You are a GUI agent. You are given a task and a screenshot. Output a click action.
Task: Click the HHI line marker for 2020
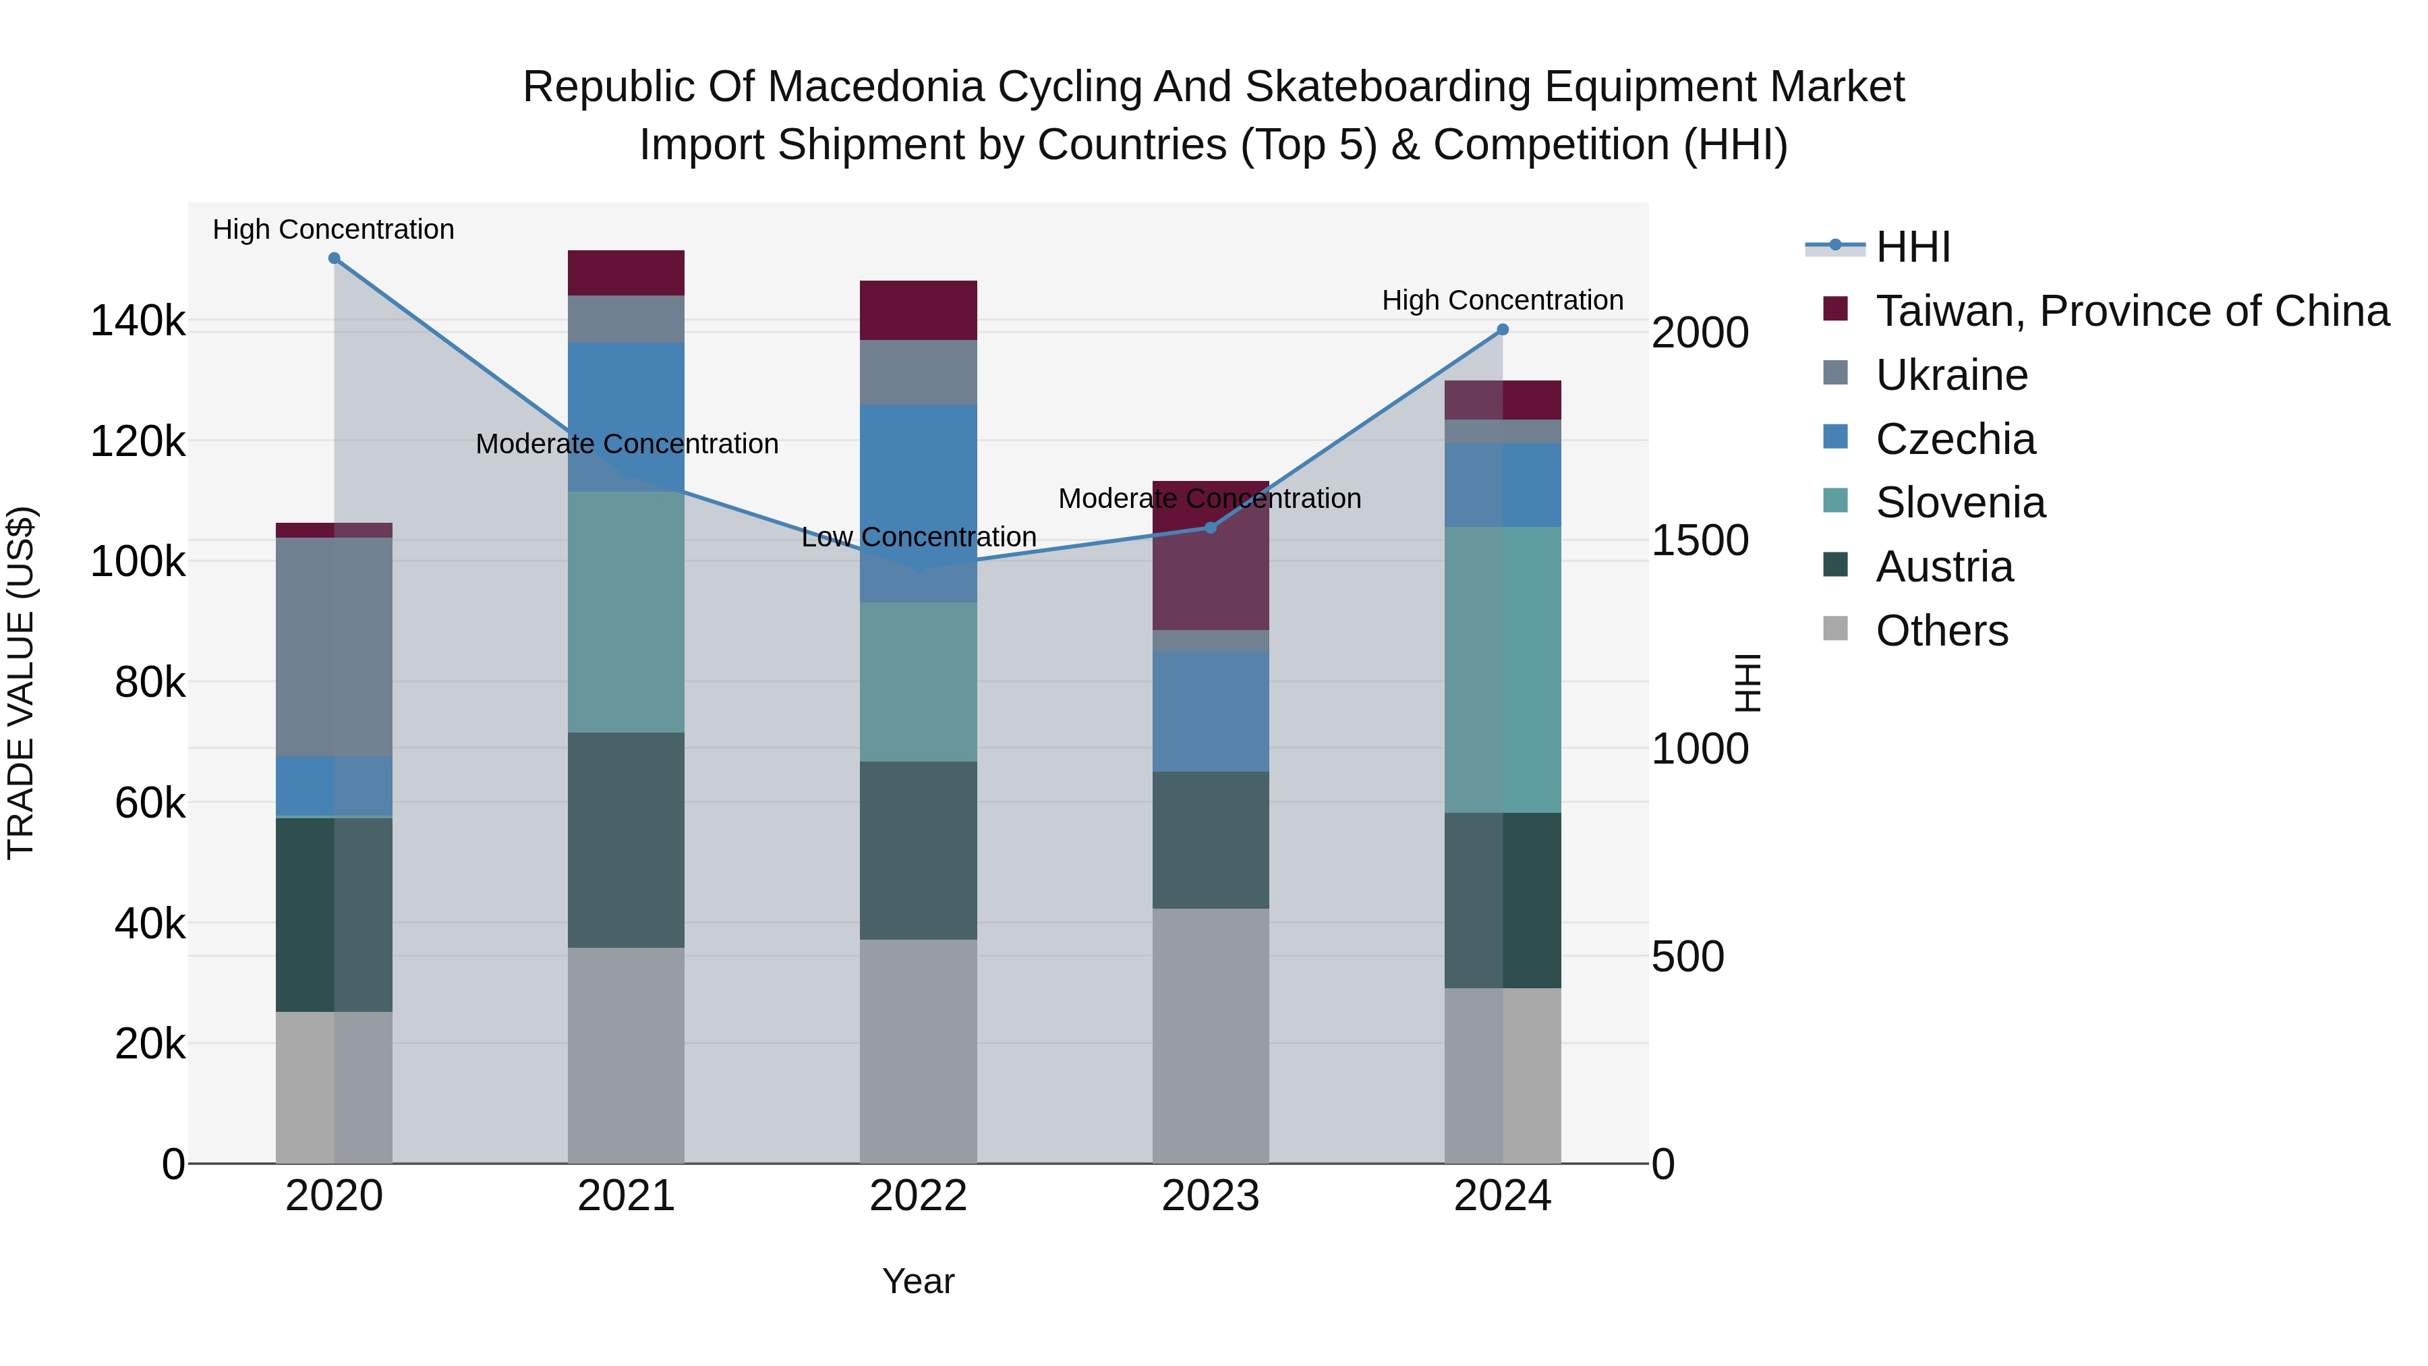click(x=334, y=258)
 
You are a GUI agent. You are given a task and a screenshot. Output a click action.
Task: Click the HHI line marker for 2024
click(x=1503, y=330)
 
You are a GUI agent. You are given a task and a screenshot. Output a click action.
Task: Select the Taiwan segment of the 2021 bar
click(x=626, y=273)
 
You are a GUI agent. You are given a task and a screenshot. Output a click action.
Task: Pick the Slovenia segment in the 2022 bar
click(x=918, y=681)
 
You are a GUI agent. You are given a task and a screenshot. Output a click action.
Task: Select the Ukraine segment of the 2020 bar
click(x=334, y=647)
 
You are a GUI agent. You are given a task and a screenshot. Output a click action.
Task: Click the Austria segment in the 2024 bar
click(x=1503, y=901)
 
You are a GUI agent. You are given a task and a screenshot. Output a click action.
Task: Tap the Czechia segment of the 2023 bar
click(x=1210, y=711)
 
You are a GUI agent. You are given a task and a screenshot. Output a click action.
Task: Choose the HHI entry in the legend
click(x=1913, y=247)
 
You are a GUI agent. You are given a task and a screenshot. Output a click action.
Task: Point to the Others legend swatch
click(x=1835, y=629)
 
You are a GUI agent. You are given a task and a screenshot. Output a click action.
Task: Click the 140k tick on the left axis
click(x=138, y=322)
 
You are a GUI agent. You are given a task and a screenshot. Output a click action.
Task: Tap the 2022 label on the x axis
click(x=918, y=1196)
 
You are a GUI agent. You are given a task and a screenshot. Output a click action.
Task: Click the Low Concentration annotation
click(x=918, y=538)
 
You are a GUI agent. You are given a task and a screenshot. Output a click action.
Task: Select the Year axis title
click(x=918, y=1281)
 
